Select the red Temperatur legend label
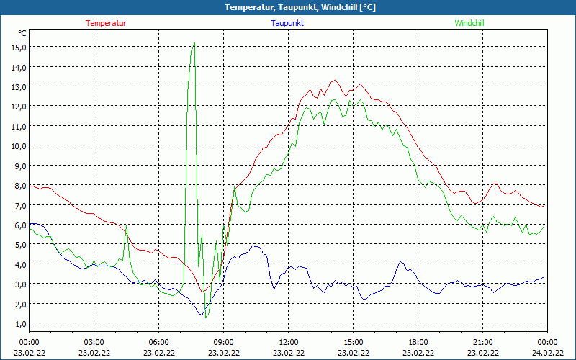pos(106,23)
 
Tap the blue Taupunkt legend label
pos(287,23)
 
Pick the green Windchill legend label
pos(469,23)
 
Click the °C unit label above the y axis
pos(22,33)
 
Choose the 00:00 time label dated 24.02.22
pos(547,341)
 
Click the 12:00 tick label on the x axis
pos(288,341)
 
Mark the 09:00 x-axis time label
pos(223,341)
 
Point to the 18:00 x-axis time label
pos(418,341)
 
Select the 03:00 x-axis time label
pos(94,341)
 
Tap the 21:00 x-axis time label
pos(482,341)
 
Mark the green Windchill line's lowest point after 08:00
pos(206,317)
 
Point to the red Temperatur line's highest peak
pos(334,81)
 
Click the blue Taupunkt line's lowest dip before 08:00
pos(202,315)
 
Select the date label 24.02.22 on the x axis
pos(547,352)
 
